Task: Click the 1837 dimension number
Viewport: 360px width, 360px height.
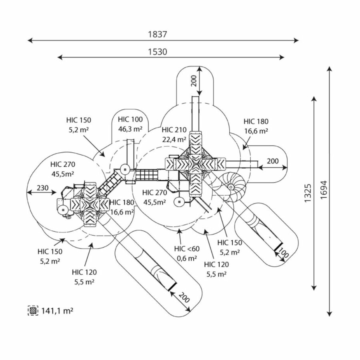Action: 157,34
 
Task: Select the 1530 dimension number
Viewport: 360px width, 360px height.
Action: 157,52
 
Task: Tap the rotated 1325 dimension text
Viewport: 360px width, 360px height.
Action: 308,193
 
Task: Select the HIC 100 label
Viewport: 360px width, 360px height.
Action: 130,119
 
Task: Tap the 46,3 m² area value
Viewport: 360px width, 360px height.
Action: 130,129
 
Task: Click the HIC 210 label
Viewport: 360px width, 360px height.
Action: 174,130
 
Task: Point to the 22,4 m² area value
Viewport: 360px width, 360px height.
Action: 174,139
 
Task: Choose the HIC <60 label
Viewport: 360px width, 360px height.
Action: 186,249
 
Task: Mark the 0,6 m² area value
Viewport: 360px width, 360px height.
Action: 186,258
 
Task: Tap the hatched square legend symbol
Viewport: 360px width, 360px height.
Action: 33,310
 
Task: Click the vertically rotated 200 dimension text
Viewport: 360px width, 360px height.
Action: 194,81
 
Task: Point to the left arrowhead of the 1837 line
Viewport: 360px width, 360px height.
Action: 29,40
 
